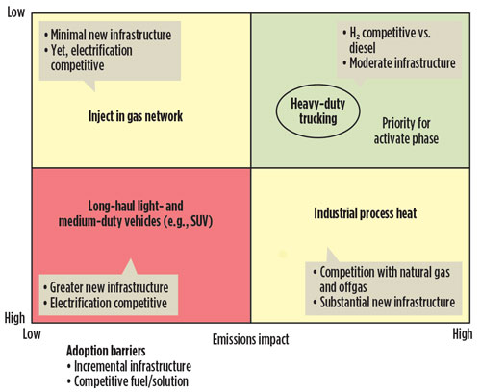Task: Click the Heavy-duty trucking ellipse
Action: [x=276, y=110]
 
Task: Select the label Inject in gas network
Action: [x=136, y=116]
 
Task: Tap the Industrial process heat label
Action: [x=366, y=213]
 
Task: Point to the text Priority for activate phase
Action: [x=406, y=131]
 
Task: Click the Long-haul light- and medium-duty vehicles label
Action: [x=136, y=213]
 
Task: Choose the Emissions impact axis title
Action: [x=251, y=339]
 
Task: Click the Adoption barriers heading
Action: [x=106, y=351]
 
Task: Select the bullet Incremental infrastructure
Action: [x=129, y=366]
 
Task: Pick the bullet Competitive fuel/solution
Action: [x=128, y=381]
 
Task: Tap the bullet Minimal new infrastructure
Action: [x=108, y=35]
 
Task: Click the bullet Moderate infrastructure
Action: [x=399, y=63]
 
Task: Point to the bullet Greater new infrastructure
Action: [x=106, y=287]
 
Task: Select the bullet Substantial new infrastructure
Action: [x=384, y=302]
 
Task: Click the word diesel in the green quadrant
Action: [x=363, y=48]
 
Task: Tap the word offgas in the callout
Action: [x=354, y=287]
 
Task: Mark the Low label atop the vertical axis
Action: [x=16, y=12]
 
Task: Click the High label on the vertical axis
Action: [x=14, y=318]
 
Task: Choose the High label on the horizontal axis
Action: [x=463, y=334]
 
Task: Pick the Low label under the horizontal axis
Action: [x=32, y=334]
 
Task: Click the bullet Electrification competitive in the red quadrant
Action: [x=105, y=303]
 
